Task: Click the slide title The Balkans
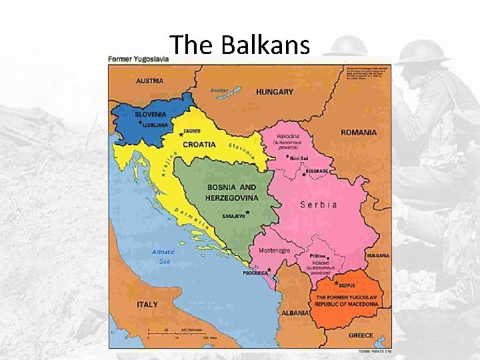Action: coord(240,45)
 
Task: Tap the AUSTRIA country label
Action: coord(149,81)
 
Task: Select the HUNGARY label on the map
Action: coord(274,91)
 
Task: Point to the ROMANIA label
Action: coord(358,132)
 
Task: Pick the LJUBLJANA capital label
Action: coord(156,124)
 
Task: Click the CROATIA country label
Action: coord(199,144)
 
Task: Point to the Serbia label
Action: coord(319,205)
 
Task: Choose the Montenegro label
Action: coord(274,250)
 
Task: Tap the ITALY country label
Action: coord(147,304)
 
